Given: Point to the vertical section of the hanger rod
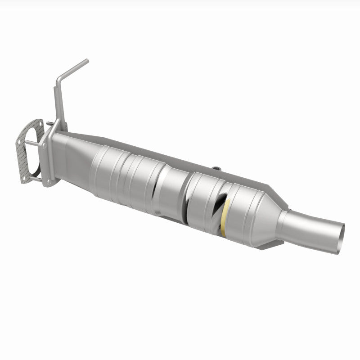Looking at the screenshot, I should [56, 103].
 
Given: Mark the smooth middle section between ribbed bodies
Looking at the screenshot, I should [173, 189].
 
